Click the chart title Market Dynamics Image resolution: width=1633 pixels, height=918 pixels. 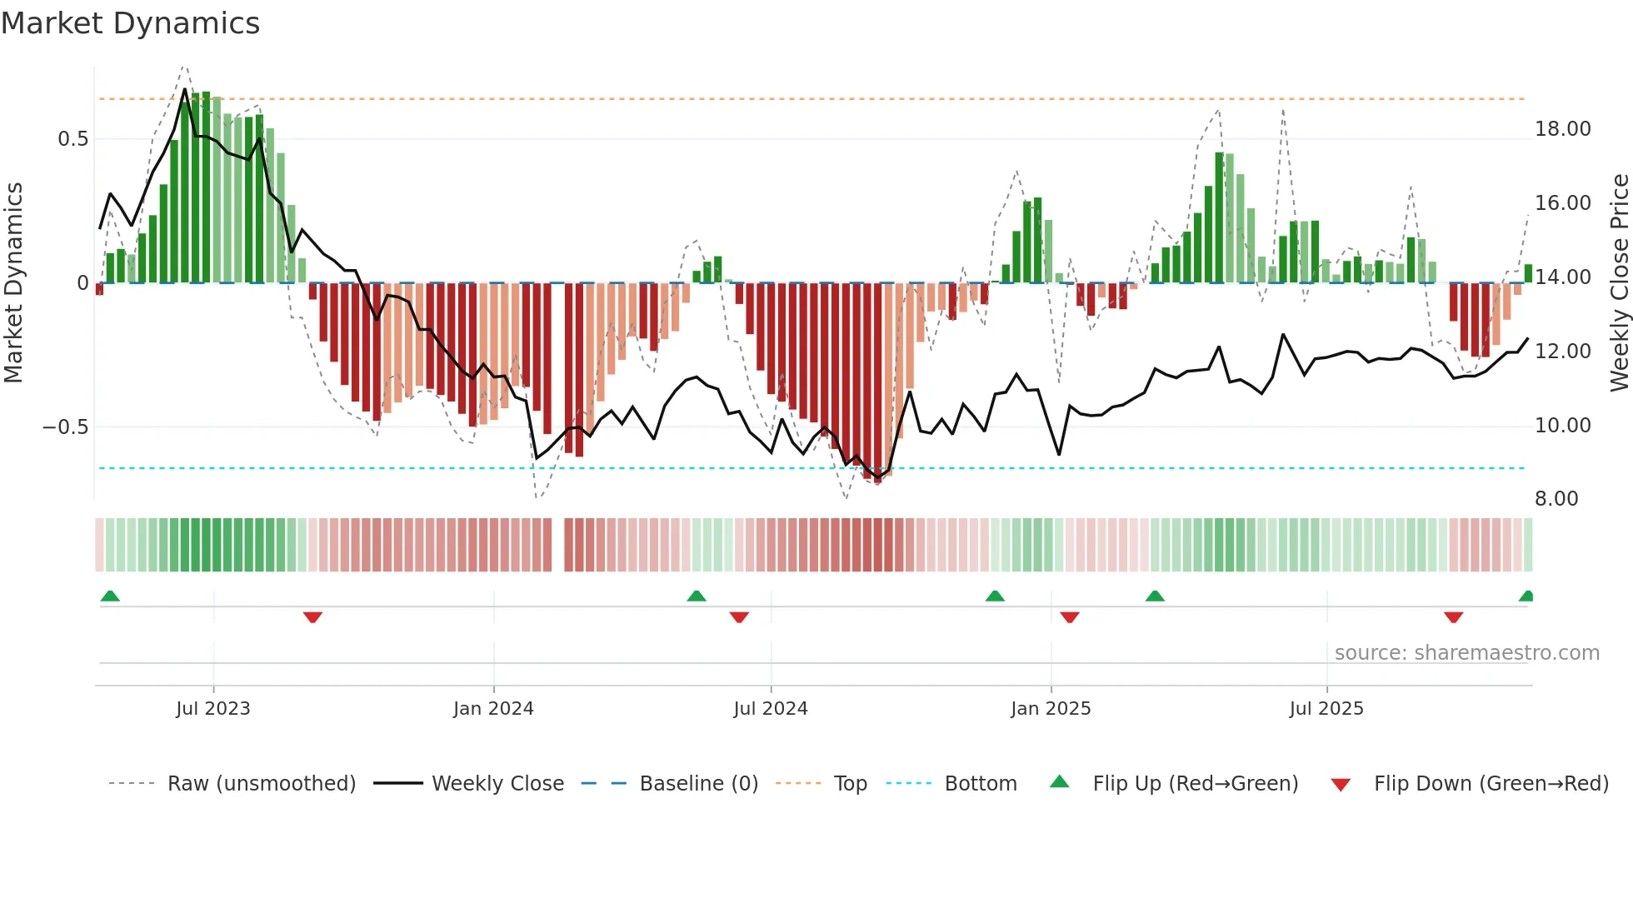coord(130,23)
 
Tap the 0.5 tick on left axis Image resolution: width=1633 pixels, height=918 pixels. coord(72,139)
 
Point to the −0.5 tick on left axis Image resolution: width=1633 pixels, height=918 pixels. coord(65,427)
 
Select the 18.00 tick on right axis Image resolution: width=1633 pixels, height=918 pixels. coord(1562,129)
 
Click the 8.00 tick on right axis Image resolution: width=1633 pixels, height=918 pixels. coord(1556,499)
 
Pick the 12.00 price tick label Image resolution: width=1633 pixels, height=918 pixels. coord(1562,352)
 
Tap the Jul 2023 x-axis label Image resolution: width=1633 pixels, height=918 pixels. coord(212,709)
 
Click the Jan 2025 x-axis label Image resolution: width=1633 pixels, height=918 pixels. coord(1050,709)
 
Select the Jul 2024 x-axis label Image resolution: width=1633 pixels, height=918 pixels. coord(770,709)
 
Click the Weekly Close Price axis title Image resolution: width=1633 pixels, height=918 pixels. coord(1619,283)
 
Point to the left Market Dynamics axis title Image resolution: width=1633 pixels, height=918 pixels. coord(13,283)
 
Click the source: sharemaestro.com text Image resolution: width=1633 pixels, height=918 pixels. coord(1466,653)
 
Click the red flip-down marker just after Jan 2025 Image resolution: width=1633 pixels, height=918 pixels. coord(1070,617)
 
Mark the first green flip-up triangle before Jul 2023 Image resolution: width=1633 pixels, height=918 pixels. coord(110,596)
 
